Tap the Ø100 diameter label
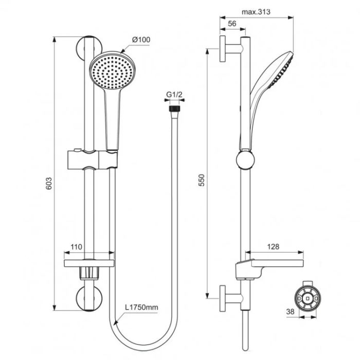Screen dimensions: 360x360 (140, 40)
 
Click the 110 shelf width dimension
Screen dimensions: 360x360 (76, 247)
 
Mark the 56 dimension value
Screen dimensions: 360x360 (231, 24)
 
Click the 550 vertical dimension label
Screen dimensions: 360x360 (202, 180)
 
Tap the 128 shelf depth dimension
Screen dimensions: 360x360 (273, 247)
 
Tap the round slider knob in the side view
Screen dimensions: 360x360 (245, 160)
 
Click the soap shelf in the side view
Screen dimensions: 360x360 (267, 267)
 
